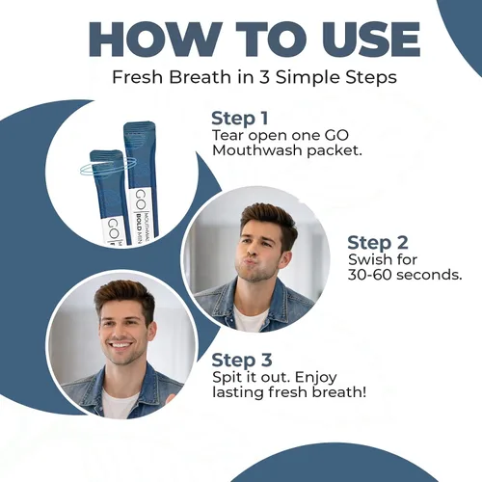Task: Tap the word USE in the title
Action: pos(368,40)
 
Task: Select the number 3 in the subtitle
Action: pos(264,77)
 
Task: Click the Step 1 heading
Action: pos(239,119)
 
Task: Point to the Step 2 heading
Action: pos(378,242)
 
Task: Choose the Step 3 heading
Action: pos(242,360)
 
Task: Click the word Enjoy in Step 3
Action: pos(316,378)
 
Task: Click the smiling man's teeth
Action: pos(120,346)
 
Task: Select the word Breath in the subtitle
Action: pos(200,77)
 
